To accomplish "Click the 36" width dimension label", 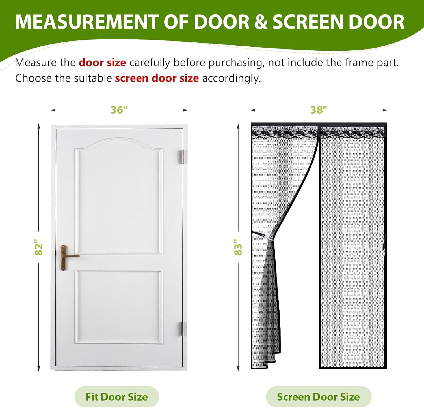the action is pyautogui.click(x=119, y=110).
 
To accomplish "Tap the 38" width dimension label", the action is pyautogui.click(x=319, y=110).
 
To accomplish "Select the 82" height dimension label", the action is pyautogui.click(x=39, y=247).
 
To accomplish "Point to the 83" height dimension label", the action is pyautogui.click(x=238, y=247).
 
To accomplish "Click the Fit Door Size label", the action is pyautogui.click(x=116, y=397).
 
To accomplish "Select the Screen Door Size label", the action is pyautogui.click(x=318, y=397).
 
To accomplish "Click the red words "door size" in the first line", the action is pyautogui.click(x=102, y=62).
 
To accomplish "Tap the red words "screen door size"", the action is pyautogui.click(x=157, y=78).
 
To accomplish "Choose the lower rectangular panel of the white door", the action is pyautogui.click(x=119, y=307).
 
